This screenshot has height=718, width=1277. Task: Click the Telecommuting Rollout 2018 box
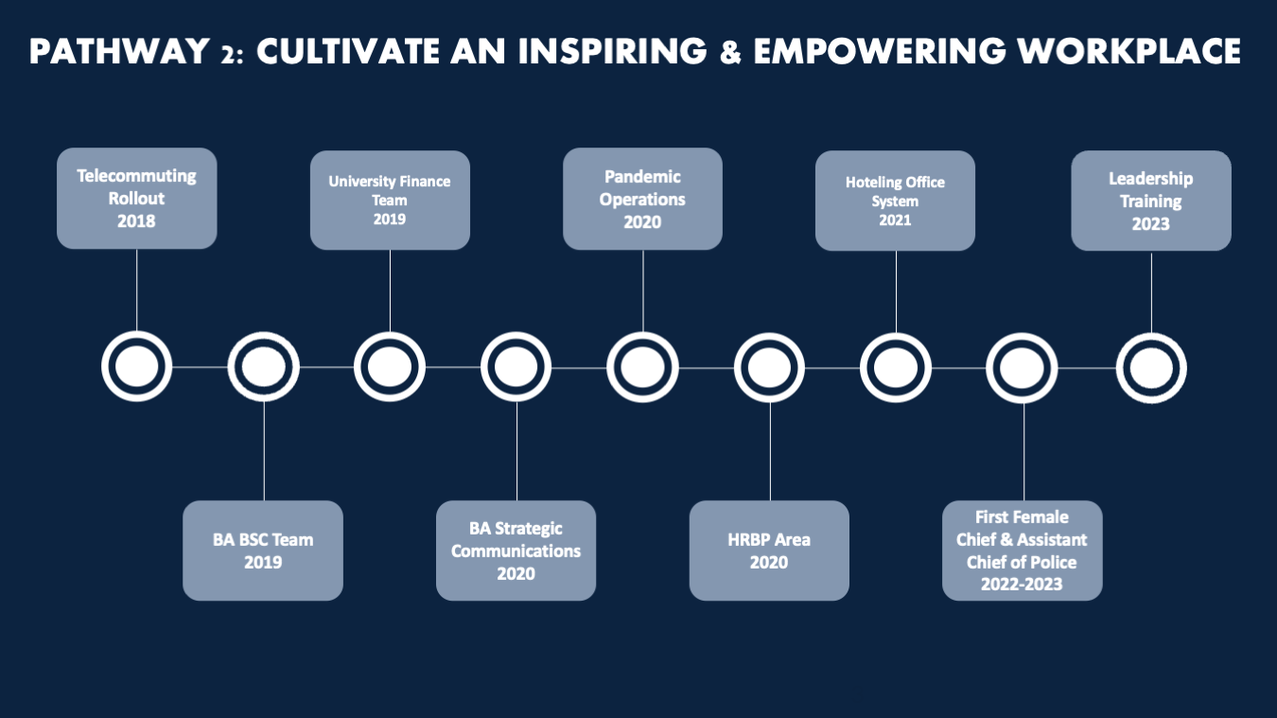(137, 199)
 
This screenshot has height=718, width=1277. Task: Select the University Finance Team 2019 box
(390, 201)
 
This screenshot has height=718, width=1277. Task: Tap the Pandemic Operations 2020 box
(642, 199)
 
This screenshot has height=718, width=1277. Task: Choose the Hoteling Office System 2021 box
(895, 201)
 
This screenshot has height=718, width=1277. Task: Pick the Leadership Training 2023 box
(1151, 201)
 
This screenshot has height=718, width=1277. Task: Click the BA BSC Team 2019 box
(263, 551)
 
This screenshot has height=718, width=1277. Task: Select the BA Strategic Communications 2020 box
(516, 551)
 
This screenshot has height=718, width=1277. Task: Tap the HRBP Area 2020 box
(769, 551)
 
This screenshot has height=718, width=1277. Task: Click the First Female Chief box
(1023, 551)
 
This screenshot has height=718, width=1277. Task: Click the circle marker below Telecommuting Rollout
(137, 367)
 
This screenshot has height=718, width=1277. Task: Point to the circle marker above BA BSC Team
(263, 367)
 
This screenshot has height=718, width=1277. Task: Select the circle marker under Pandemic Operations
(642, 368)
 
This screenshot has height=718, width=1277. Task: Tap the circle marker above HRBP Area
(769, 368)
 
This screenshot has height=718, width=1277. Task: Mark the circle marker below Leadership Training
(1151, 368)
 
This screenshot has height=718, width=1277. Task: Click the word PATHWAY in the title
(120, 51)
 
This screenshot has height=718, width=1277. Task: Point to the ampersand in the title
(730, 51)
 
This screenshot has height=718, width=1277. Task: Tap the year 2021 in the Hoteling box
(895, 220)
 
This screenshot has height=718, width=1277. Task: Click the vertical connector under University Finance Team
(390, 290)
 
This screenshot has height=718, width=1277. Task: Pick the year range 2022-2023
(1022, 584)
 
